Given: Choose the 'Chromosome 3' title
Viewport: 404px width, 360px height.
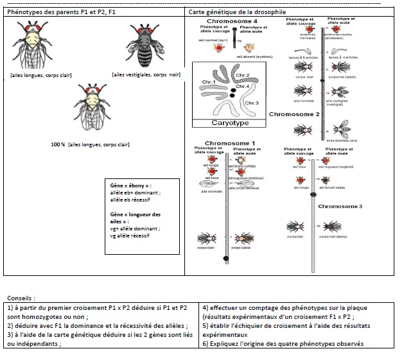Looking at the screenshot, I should pyautogui.click(x=340, y=207).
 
